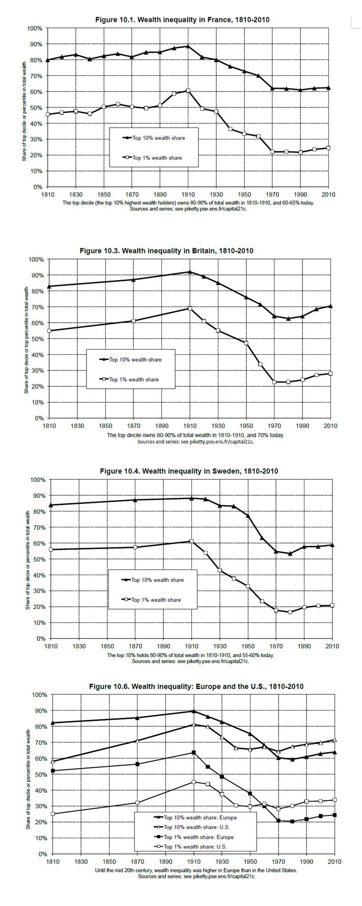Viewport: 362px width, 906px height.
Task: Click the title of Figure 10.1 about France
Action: point(182,19)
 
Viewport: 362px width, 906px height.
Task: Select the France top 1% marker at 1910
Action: point(188,91)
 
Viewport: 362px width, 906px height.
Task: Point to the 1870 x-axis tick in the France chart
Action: point(132,194)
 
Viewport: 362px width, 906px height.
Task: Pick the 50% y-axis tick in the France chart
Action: point(36,108)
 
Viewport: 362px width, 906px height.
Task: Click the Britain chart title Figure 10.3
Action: point(166,250)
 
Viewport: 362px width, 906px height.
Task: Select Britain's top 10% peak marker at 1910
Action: point(189,272)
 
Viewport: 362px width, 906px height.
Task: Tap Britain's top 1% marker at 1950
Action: point(246,343)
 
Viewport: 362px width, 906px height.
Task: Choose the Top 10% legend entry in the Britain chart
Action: point(135,360)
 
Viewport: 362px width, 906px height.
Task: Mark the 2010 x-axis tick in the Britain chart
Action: point(331,426)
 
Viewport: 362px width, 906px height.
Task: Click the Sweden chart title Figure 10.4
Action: point(189,471)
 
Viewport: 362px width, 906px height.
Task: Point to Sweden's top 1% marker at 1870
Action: point(135,547)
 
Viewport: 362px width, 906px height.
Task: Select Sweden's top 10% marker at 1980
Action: point(290,554)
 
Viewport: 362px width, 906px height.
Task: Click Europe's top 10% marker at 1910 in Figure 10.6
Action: point(193,711)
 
